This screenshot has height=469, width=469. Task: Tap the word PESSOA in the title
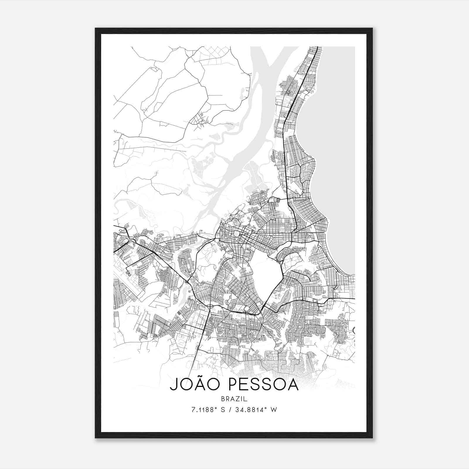(x=263, y=385)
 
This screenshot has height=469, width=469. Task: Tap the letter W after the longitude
(x=274, y=410)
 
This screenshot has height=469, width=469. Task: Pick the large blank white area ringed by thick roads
(x=265, y=273)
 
